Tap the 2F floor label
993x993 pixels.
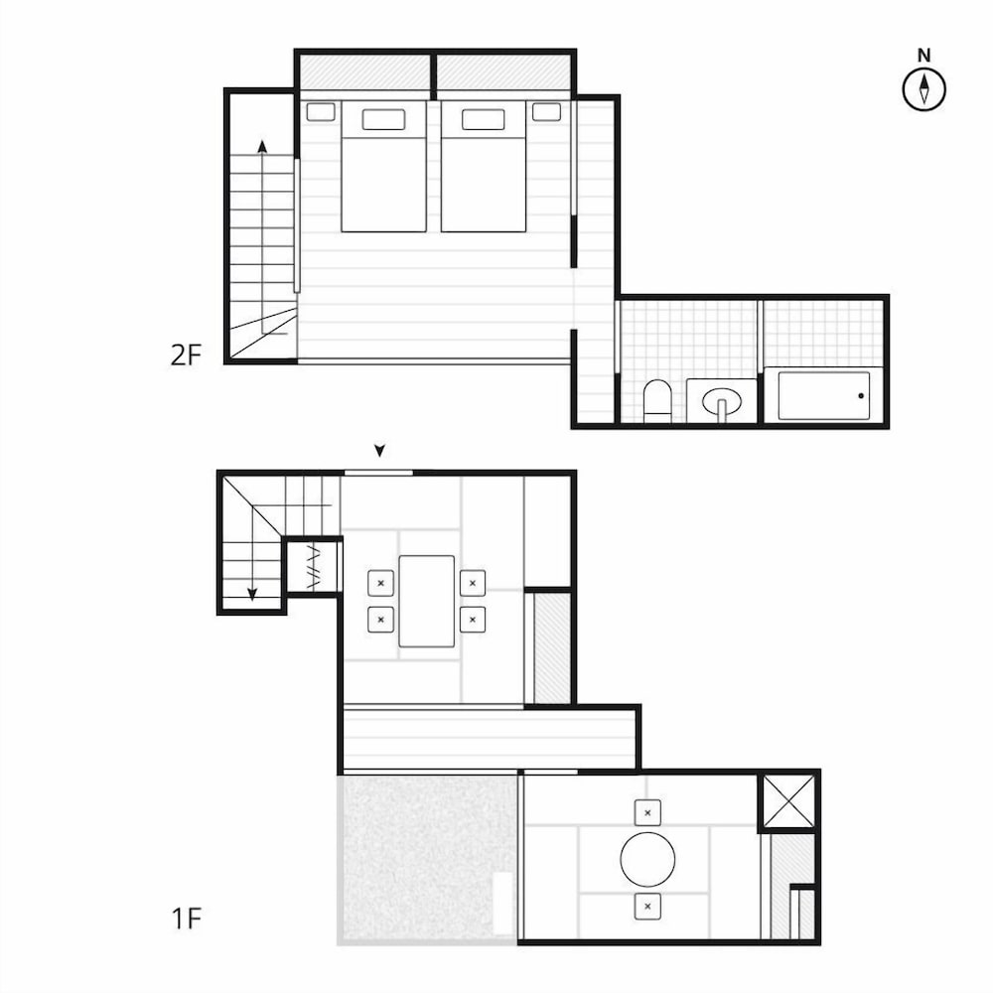186,355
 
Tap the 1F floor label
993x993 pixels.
187,919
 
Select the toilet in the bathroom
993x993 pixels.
656,400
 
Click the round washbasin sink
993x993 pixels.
722,401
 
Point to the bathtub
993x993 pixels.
823,394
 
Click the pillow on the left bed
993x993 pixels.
383,120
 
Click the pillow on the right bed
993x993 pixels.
484,120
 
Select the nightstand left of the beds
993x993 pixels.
321,112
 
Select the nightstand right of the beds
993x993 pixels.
546,112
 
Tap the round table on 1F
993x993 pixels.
647,859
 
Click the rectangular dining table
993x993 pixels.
427,601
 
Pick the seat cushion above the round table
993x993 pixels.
647,812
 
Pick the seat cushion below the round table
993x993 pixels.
647,907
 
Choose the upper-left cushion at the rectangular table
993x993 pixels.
380,583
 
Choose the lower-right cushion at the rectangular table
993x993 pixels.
473,620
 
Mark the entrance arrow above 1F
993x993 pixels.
379,450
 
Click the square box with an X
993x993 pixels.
788,801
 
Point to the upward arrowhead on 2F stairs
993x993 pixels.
262,146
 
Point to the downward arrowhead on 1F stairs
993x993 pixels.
252,594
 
